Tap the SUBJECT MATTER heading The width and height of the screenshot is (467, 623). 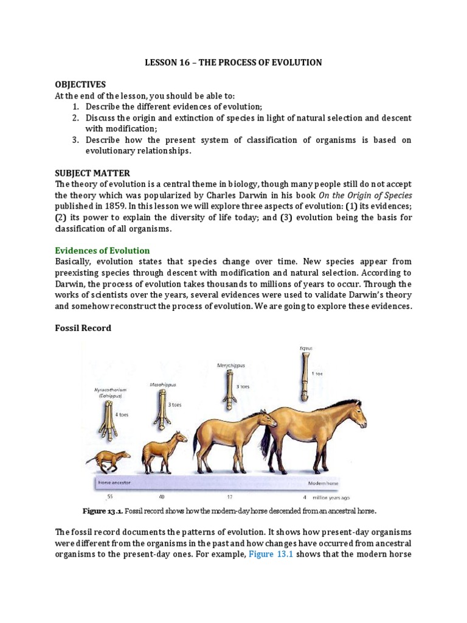pyautogui.click(x=92, y=173)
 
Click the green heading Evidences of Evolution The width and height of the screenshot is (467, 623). pyautogui.click(x=102, y=251)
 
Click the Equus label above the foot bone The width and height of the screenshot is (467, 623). pyautogui.click(x=305, y=348)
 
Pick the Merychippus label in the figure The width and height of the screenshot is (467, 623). pyautogui.click(x=230, y=365)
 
